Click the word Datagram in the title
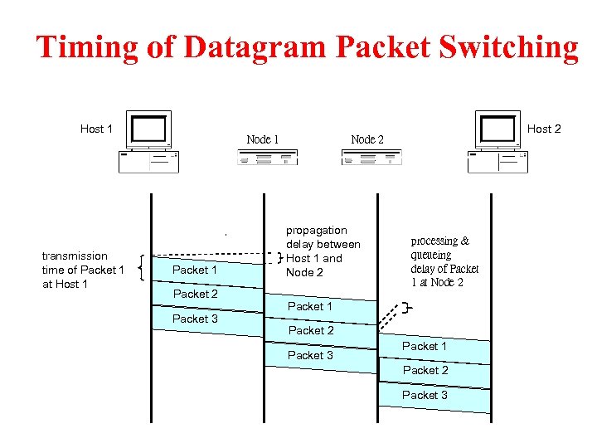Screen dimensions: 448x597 [x=255, y=47]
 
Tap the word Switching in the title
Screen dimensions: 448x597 [x=517, y=47]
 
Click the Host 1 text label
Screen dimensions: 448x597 [x=96, y=129]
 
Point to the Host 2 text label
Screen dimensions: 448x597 [x=544, y=129]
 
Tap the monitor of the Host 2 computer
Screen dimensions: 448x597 [x=498, y=129]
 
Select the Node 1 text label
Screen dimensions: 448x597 [x=263, y=139]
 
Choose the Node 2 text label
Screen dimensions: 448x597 [x=367, y=139]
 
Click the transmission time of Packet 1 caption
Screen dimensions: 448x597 [x=83, y=270]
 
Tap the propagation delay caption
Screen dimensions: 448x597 [x=323, y=251]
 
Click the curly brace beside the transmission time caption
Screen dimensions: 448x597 [x=145, y=267]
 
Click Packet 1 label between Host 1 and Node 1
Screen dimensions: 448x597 [x=195, y=270]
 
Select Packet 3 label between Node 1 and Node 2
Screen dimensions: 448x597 [x=310, y=355]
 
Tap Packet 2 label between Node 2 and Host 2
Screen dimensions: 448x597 [x=425, y=370]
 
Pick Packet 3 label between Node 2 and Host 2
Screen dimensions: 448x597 [x=425, y=395]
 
